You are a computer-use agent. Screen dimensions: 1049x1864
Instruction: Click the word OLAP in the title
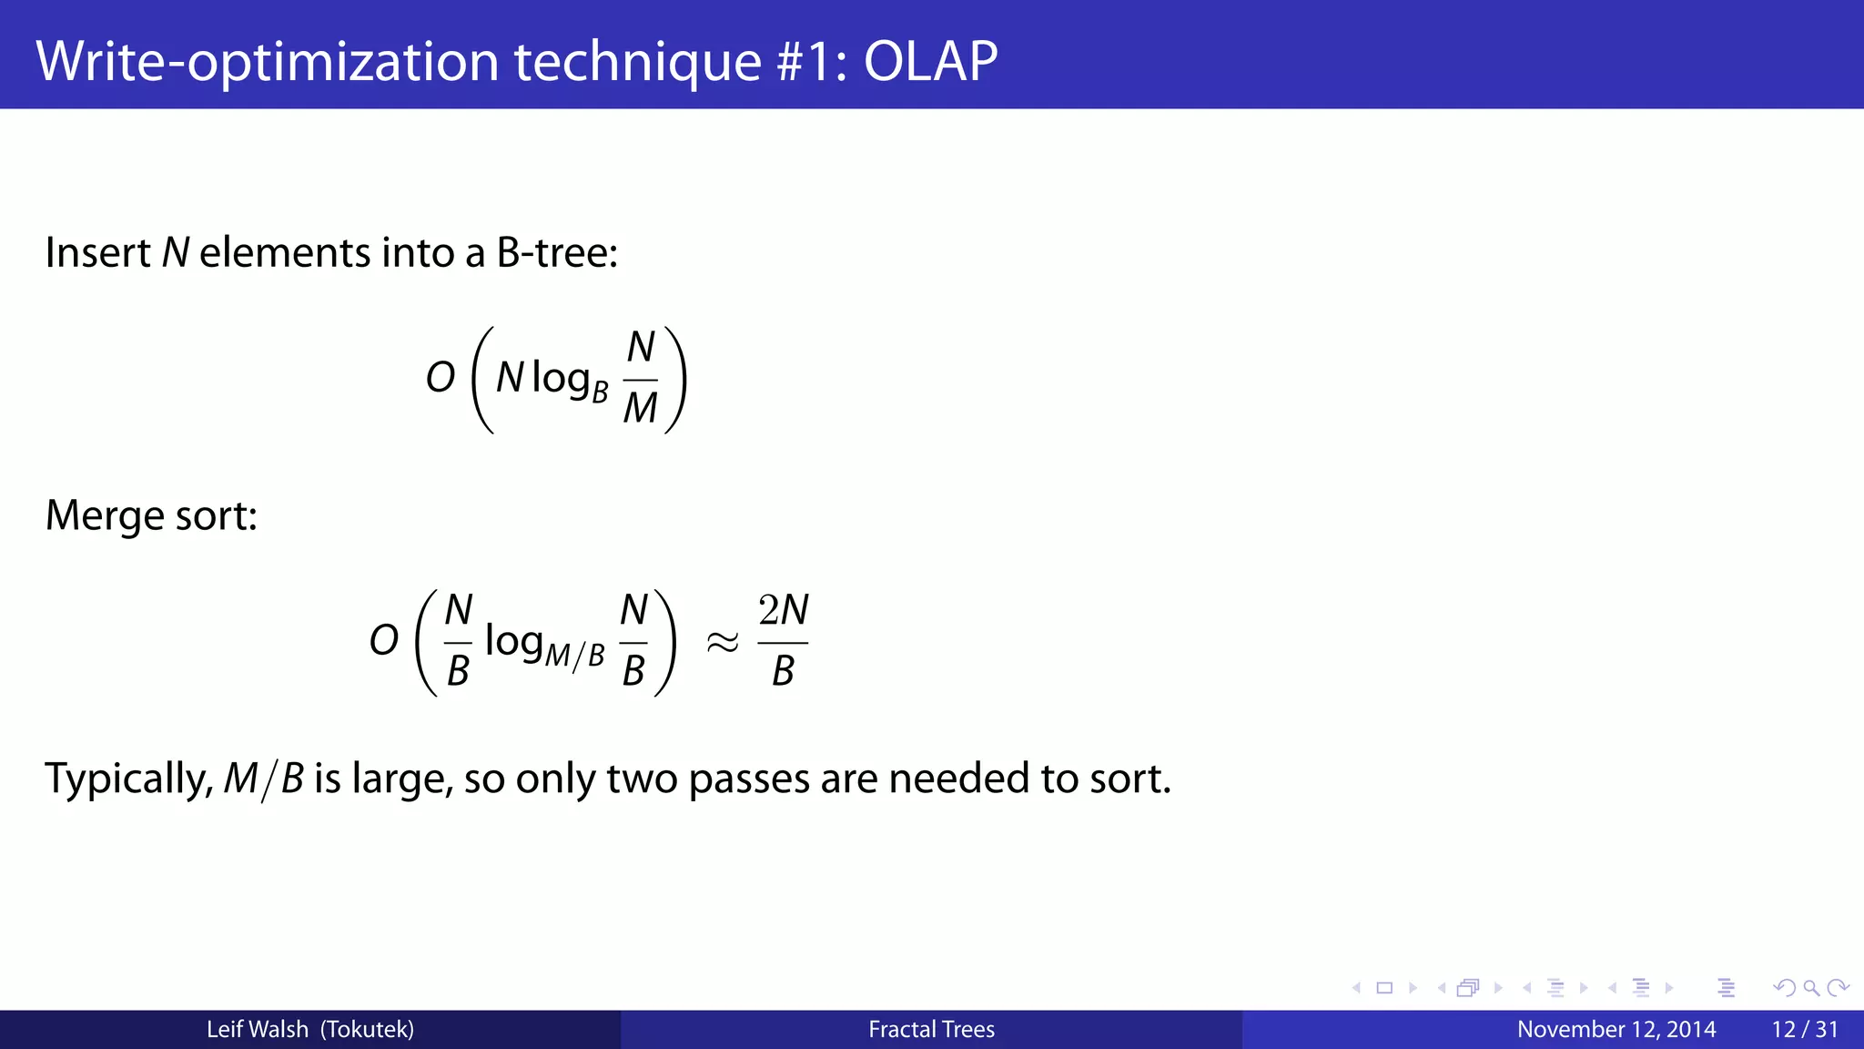pos(930,62)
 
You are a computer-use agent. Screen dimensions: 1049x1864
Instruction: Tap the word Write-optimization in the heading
pos(268,62)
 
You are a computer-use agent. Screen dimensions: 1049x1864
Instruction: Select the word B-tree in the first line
pos(557,253)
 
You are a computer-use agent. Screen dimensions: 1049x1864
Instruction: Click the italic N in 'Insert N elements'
pos(176,253)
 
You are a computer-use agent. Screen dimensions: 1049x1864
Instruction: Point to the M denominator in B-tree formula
pos(640,408)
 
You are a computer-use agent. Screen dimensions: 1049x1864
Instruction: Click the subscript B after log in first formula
pos(600,392)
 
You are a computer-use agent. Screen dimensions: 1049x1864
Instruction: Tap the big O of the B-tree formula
pos(441,377)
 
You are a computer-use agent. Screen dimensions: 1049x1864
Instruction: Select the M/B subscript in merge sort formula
pos(574,655)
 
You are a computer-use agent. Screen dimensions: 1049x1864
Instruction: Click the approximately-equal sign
pos(723,643)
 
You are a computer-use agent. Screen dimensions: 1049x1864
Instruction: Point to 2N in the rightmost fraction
pos(784,610)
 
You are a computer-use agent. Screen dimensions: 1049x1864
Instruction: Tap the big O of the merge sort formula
pos(384,640)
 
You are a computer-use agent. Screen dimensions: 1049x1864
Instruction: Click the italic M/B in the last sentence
pos(264,779)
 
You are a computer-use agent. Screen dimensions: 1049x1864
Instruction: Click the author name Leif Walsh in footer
pos(258,1030)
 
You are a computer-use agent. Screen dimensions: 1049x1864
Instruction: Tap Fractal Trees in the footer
pos(931,1030)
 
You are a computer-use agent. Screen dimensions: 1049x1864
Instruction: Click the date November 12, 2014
pos(1616,1030)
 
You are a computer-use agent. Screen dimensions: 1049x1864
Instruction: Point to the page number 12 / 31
pos(1805,1030)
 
